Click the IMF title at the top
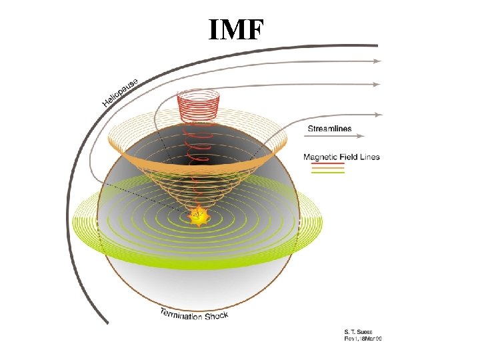tap(237, 30)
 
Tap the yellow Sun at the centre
tap(198, 215)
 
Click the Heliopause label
tap(121, 92)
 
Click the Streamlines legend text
tap(329, 128)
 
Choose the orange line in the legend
tap(324, 168)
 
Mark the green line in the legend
tap(324, 173)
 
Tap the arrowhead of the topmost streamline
tap(377, 61)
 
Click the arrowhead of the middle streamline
tap(377, 85)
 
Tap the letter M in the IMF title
tap(235, 30)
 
